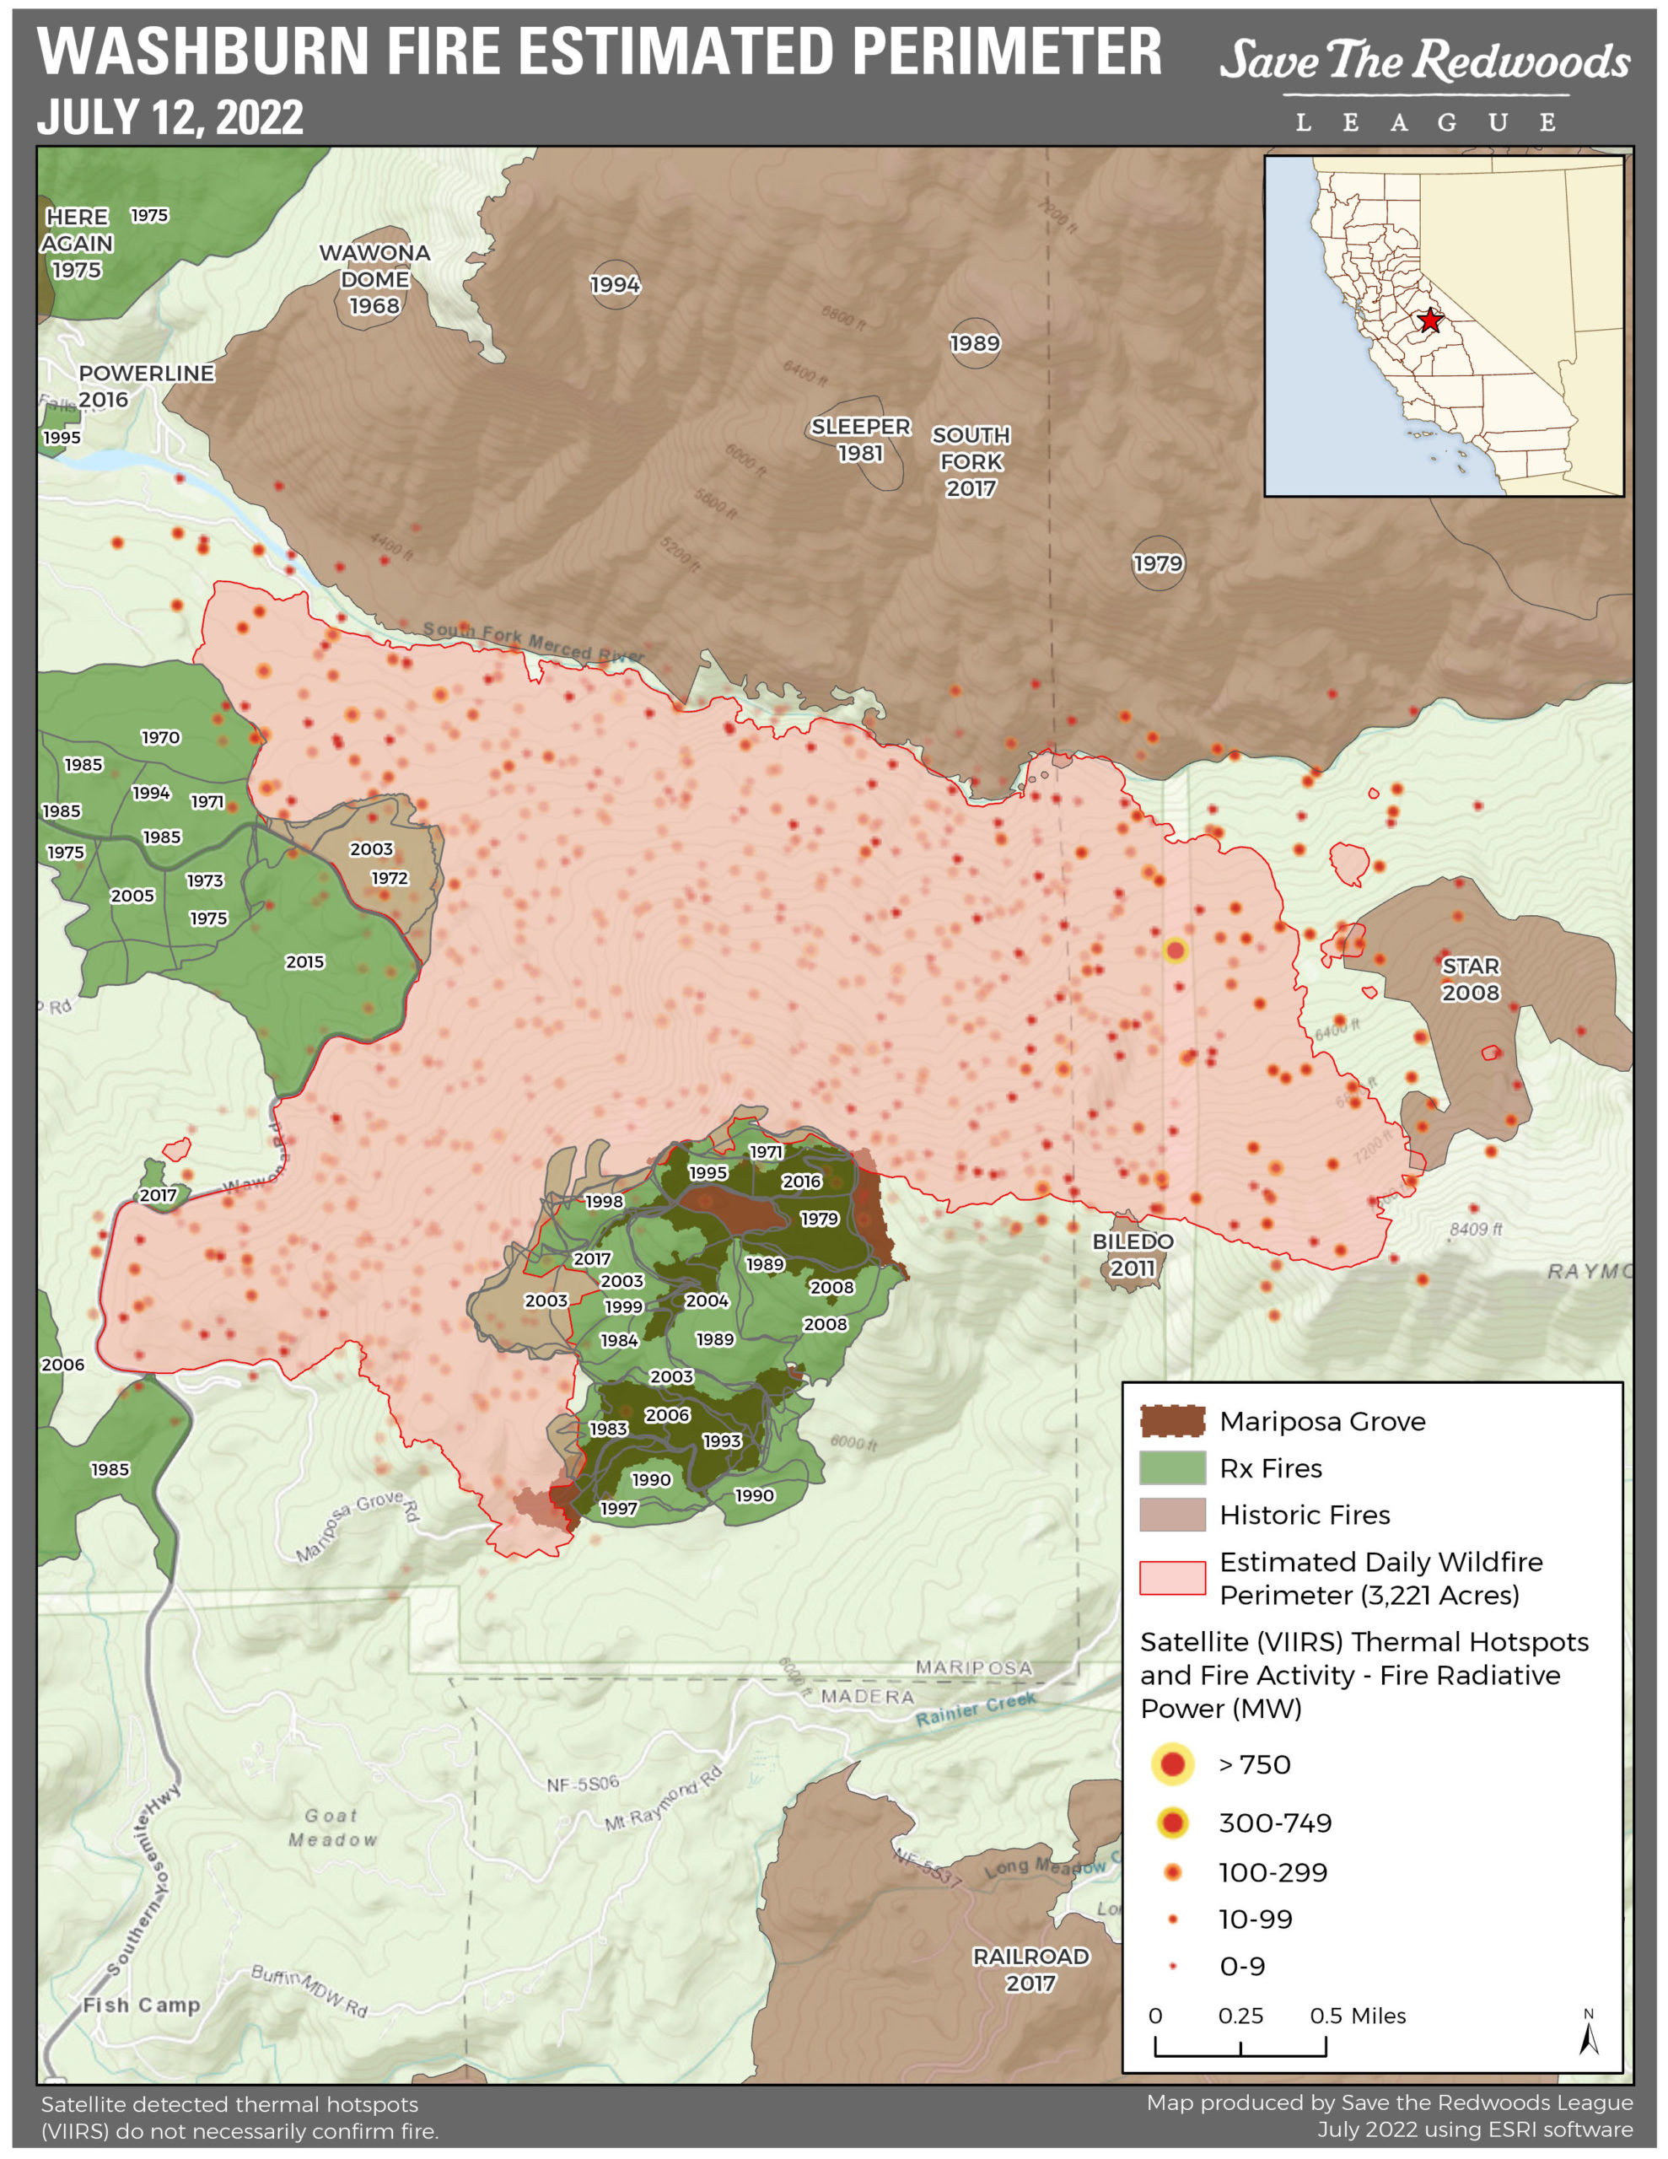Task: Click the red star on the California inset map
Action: [x=1429, y=320]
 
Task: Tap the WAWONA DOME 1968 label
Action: [x=374, y=280]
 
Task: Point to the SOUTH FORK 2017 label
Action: [x=971, y=461]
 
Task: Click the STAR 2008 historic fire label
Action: [x=1471, y=978]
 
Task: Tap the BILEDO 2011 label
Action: [x=1133, y=1254]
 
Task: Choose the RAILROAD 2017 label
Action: [x=1030, y=1969]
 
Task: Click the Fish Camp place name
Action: [x=142, y=2005]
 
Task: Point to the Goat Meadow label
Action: [x=332, y=1827]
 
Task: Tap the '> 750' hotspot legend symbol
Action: [x=1173, y=1763]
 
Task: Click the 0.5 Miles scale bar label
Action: [x=1357, y=2016]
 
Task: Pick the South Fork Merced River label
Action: [x=532, y=642]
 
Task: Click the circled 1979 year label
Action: [x=1158, y=563]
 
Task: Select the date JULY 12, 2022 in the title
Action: [x=170, y=117]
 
